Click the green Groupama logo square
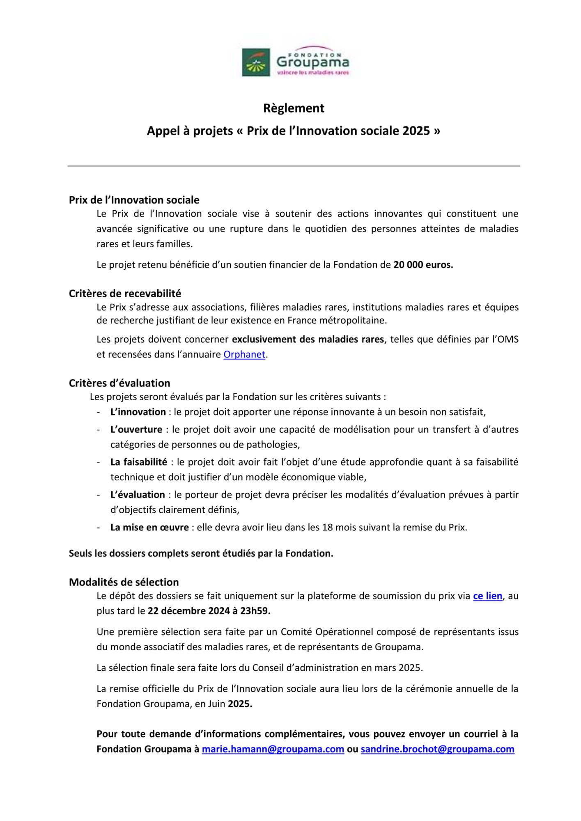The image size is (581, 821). click(256, 62)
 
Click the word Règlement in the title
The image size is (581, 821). click(294, 108)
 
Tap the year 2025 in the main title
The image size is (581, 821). click(416, 131)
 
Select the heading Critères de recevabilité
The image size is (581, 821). click(125, 294)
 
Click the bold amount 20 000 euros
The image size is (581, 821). click(423, 265)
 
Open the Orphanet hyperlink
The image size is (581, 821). click(244, 354)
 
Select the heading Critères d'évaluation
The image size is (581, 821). click(119, 383)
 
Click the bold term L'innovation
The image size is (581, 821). click(138, 412)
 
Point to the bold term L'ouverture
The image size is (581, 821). click(136, 430)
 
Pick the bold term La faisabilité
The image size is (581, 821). click(139, 462)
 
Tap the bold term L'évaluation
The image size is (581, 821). click(138, 495)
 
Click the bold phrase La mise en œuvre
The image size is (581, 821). click(149, 527)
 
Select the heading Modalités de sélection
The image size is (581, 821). click(124, 582)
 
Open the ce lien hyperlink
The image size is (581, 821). click(487, 596)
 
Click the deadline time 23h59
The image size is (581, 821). click(255, 611)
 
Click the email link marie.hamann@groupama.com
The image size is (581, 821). click(273, 749)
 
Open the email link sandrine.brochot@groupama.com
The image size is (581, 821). click(437, 749)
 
